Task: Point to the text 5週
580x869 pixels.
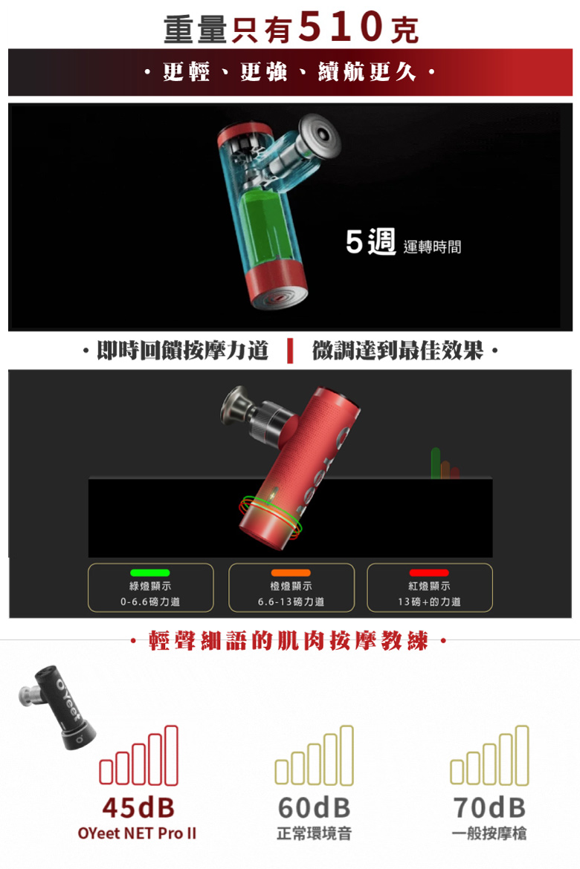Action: (x=370, y=242)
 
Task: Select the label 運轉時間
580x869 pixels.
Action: (x=432, y=247)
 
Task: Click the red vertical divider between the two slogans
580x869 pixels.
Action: (x=290, y=351)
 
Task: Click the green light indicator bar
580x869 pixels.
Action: (x=150, y=573)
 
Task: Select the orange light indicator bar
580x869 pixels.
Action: (x=291, y=573)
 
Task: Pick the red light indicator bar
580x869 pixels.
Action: (x=429, y=573)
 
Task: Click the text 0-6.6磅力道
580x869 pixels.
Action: (x=150, y=602)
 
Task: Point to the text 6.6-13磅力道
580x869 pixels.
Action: (x=291, y=602)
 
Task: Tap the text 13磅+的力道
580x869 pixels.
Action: (x=429, y=602)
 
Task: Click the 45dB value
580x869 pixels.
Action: (x=138, y=807)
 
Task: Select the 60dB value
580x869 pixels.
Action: (x=314, y=807)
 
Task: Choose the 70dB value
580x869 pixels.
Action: (x=489, y=807)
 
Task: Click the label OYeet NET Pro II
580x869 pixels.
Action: (x=137, y=833)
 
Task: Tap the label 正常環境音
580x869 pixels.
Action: (x=314, y=833)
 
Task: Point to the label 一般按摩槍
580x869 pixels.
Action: (x=489, y=833)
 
